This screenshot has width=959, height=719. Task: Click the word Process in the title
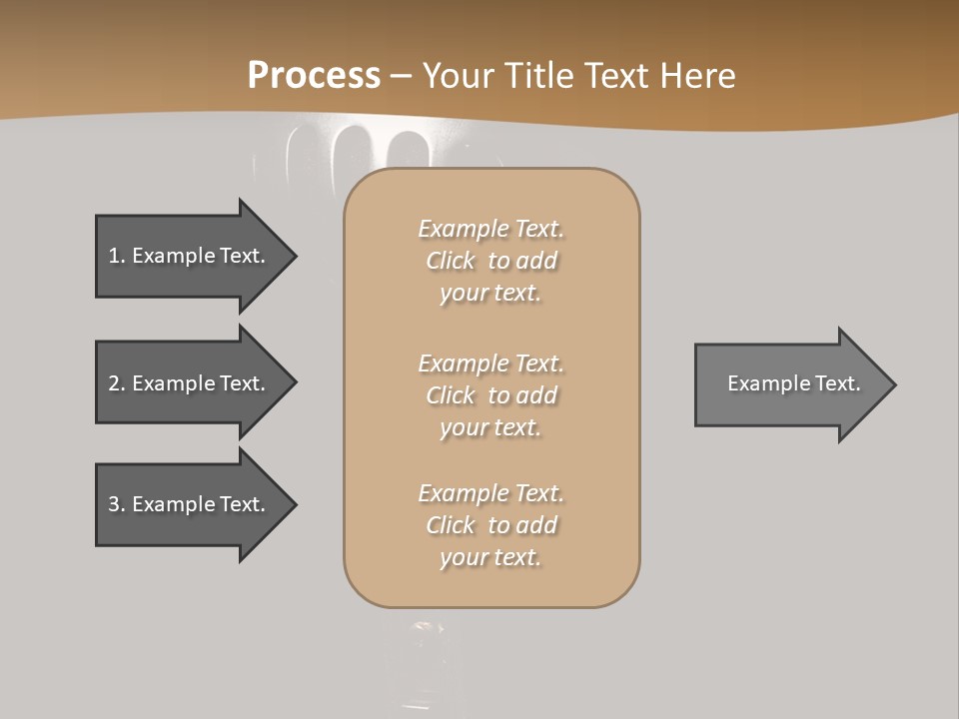click(x=314, y=76)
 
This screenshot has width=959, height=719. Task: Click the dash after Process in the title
click(x=401, y=77)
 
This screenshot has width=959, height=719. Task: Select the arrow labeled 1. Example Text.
click(x=190, y=256)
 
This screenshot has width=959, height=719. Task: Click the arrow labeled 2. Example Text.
click(x=190, y=383)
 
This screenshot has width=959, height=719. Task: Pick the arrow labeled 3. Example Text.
click(x=190, y=504)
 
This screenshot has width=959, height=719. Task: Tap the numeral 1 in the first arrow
click(x=113, y=256)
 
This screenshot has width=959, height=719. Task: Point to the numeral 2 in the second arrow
click(x=114, y=383)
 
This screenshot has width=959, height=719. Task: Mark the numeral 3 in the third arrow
click(x=114, y=504)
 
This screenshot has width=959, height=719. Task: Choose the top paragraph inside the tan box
click(x=490, y=261)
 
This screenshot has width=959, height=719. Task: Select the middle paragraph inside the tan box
click(x=490, y=395)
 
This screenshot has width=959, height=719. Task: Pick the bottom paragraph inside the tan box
click(x=490, y=525)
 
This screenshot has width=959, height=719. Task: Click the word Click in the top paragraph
click(x=451, y=261)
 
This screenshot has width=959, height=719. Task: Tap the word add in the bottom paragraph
click(x=536, y=525)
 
